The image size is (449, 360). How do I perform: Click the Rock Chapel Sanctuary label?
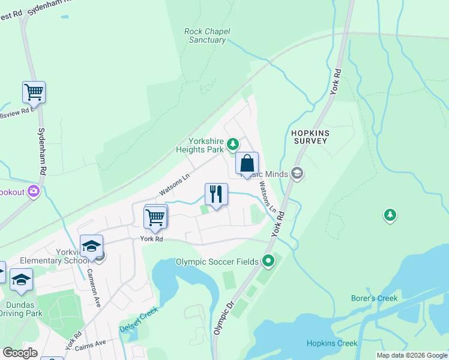pyautogui.click(x=207, y=35)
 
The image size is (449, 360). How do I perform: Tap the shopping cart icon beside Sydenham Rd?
pyautogui.click(x=34, y=92)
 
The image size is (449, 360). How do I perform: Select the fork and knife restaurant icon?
pyautogui.click(x=216, y=194)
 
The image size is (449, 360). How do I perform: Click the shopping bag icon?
pyautogui.click(x=247, y=163)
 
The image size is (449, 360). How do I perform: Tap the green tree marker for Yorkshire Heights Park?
pyautogui.click(x=233, y=144)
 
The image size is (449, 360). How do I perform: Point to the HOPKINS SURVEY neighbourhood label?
pyautogui.click(x=310, y=136)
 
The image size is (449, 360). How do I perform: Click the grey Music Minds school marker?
pyautogui.click(x=297, y=174)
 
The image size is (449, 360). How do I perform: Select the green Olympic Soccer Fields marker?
pyautogui.click(x=268, y=261)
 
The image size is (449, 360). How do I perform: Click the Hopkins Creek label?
pyautogui.click(x=332, y=343)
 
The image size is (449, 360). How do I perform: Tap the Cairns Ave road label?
pyautogui.click(x=91, y=343)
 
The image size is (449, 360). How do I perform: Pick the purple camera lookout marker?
pyautogui.click(x=34, y=191)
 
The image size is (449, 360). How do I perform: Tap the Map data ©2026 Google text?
pyautogui.click(x=411, y=355)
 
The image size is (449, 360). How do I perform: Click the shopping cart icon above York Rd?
pyautogui.click(x=155, y=216)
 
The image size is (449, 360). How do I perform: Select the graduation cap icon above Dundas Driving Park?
pyautogui.click(x=22, y=281)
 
